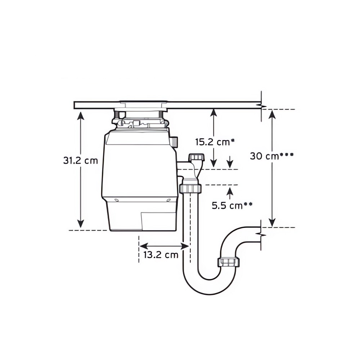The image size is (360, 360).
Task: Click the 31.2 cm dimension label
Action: [80, 161]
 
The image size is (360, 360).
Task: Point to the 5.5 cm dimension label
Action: [227, 206]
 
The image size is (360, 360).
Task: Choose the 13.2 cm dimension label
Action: [161, 255]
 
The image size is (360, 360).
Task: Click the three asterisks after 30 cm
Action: [287, 155]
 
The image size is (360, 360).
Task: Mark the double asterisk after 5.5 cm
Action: [248, 204]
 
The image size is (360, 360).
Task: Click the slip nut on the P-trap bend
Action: [229, 262]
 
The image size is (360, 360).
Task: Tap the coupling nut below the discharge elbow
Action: [190, 188]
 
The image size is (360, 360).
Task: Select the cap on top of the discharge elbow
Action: [196, 157]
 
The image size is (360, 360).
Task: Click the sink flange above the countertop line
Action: [143, 103]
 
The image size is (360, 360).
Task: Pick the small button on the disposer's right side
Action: [175, 141]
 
